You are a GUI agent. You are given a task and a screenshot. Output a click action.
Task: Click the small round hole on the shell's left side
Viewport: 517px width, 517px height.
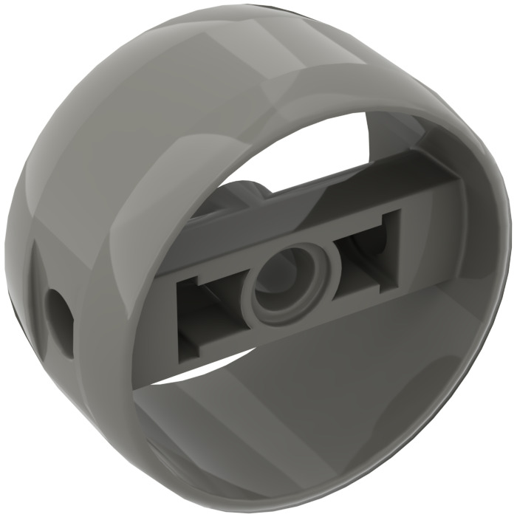[58, 304]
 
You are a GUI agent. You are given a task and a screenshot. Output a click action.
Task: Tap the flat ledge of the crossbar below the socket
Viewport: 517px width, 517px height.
[295, 325]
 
